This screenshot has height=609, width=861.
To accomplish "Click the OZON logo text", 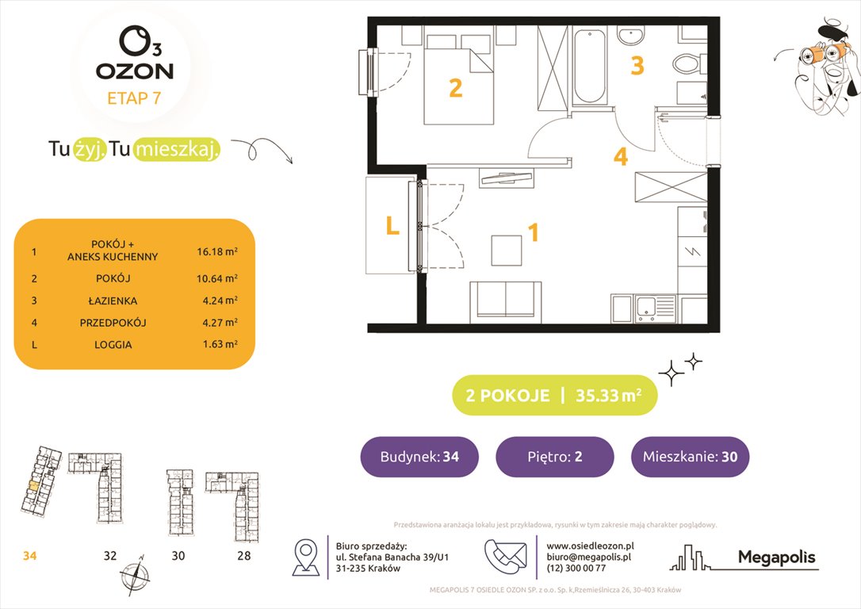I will [x=134, y=71].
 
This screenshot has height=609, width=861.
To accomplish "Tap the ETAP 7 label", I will [x=134, y=98].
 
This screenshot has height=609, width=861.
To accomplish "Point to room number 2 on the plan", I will [x=455, y=88].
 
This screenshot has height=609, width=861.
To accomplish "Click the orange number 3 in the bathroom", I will [x=637, y=66].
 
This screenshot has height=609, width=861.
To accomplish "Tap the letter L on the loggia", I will [x=392, y=227].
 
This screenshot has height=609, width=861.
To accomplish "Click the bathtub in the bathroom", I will [x=589, y=67].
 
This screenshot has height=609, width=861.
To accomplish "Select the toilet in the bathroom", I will [x=685, y=61].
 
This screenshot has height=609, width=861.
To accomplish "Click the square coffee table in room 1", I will [x=507, y=250].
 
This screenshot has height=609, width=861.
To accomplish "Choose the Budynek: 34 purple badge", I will [x=419, y=457].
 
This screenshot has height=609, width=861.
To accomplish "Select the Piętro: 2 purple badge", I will [x=554, y=457].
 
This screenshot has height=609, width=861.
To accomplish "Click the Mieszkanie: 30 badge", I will [x=690, y=457].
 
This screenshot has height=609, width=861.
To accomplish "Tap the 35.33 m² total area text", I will [x=609, y=395].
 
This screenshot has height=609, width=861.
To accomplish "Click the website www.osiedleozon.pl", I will [x=590, y=546].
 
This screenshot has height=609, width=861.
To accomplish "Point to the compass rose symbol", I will [x=134, y=573].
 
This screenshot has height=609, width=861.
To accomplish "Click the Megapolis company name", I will [x=776, y=557].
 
